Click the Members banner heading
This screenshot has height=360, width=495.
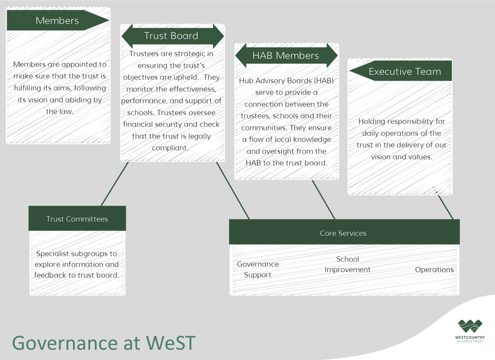click(x=57, y=20)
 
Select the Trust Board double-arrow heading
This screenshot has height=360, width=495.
click(x=172, y=36)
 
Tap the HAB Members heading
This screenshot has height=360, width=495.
click(x=286, y=55)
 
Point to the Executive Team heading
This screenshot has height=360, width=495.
click(x=401, y=71)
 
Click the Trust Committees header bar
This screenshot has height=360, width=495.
click(x=77, y=218)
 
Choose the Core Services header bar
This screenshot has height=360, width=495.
click(x=344, y=232)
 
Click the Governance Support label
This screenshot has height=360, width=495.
click(x=258, y=269)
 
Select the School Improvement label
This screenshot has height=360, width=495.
click(x=347, y=264)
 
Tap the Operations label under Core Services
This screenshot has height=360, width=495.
click(x=434, y=269)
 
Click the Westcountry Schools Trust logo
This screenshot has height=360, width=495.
click(x=470, y=331)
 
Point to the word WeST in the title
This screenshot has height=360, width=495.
click(x=170, y=342)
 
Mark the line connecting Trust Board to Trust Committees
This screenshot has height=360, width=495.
click(x=115, y=184)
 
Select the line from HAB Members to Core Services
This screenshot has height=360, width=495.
click(x=323, y=200)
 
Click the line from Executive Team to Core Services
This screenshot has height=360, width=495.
click(x=445, y=207)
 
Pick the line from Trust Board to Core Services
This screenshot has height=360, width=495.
click(x=233, y=190)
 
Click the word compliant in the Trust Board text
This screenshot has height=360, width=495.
click(x=170, y=148)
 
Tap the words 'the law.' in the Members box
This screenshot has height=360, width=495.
click(x=60, y=111)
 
